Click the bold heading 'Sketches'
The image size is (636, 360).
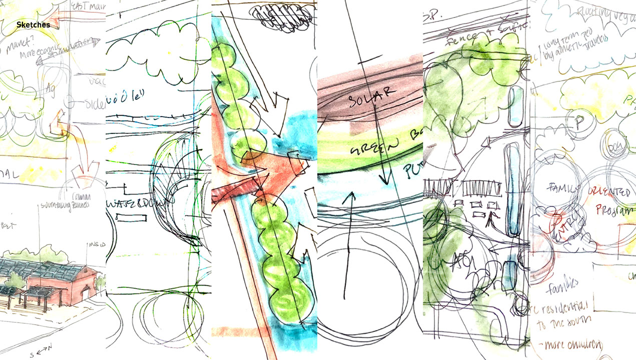(x=33, y=24)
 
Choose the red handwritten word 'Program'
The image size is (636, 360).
(x=615, y=210)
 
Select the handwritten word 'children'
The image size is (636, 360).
(x=582, y=345)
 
